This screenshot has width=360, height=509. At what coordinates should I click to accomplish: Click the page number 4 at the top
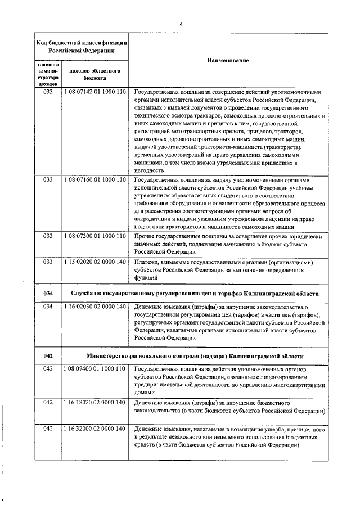pos(182,23)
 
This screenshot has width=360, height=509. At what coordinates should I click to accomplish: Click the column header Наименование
pos(227,60)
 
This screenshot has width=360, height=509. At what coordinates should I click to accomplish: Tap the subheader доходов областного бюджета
pos(94,75)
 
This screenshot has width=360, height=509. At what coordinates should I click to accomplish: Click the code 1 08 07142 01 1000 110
pos(94,92)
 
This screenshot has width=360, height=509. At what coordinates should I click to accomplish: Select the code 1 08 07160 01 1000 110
pos(94,179)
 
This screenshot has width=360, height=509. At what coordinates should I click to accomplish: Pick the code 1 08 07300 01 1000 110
pos(94,237)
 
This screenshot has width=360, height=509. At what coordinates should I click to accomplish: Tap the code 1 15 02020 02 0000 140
pos(94,262)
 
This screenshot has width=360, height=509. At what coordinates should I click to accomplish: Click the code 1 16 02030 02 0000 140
pos(94,307)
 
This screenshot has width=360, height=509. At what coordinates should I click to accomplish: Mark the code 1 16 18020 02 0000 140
pos(94,403)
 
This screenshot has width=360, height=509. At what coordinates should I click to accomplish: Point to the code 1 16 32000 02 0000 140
pos(94,429)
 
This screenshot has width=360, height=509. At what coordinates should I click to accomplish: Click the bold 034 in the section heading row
pos(48,294)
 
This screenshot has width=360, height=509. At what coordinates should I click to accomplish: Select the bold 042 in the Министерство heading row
pos(48,356)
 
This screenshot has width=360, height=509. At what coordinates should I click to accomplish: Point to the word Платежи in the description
pos(148,262)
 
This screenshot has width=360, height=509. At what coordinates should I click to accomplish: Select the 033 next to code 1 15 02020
pos(48,262)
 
